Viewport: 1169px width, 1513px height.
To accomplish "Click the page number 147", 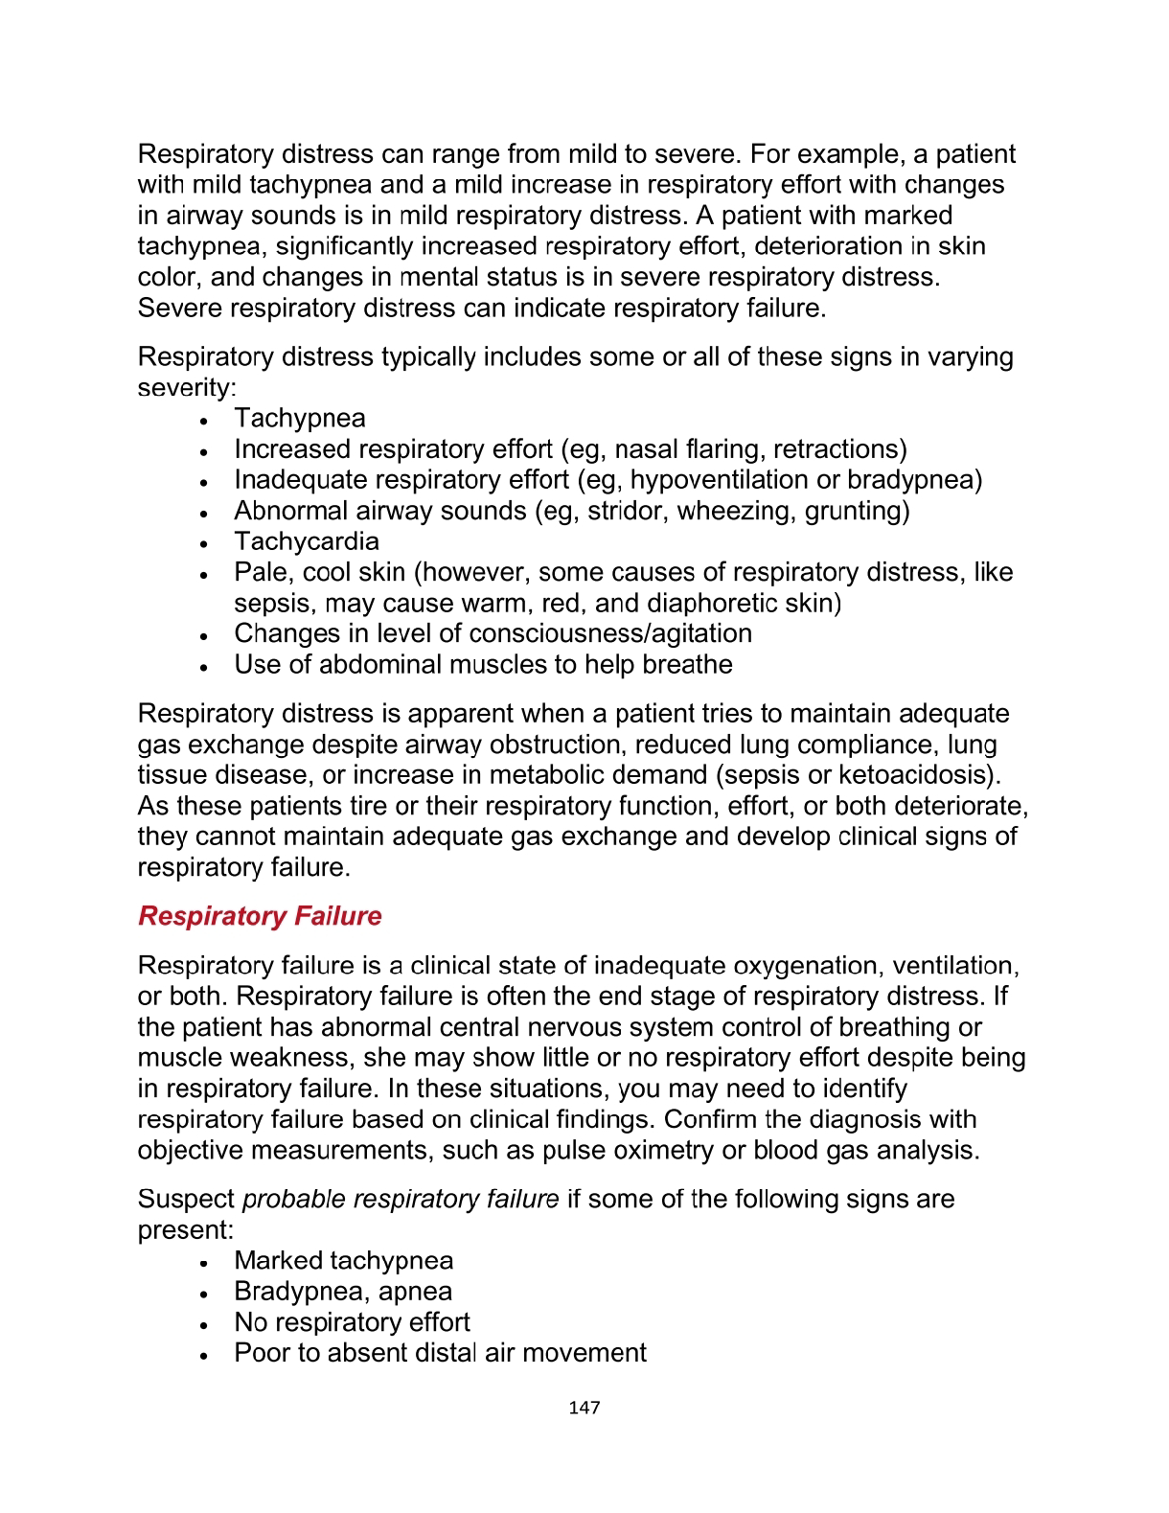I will coord(584,1408).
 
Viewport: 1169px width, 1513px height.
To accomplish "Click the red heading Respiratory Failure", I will coord(260,916).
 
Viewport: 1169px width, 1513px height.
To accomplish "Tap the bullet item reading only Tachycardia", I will coord(307,541).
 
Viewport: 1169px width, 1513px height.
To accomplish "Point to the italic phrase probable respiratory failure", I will coord(401,1200).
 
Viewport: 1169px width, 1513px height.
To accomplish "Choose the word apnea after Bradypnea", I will coord(415,1292).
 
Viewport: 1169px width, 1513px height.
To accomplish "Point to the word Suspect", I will coord(186,1200).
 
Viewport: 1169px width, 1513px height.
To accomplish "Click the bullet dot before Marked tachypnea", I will coord(204,1263).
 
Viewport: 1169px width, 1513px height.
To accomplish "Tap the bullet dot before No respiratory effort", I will coord(204,1324).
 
